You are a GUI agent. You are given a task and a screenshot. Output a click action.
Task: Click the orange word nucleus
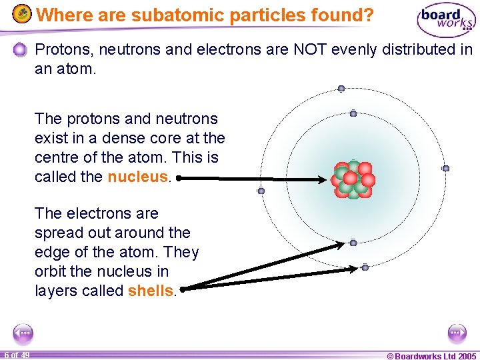138,177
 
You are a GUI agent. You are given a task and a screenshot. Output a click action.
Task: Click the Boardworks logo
446,20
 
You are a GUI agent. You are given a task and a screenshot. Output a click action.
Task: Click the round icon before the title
22,14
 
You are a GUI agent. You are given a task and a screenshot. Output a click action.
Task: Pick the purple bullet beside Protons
21,49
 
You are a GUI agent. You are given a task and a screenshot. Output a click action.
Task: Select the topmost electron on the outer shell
341,88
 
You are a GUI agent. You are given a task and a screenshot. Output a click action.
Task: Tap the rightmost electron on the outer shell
446,169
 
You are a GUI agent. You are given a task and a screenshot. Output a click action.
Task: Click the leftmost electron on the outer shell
261,191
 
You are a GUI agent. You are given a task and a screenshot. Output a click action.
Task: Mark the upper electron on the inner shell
353,114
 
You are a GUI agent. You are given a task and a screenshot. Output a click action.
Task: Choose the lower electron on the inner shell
353,243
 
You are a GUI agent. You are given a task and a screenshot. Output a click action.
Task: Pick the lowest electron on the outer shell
365,267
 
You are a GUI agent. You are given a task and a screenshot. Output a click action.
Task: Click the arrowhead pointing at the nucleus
327,179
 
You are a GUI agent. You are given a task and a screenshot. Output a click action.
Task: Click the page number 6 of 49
16,355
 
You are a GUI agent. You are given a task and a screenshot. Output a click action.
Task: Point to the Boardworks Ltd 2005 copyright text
432,355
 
